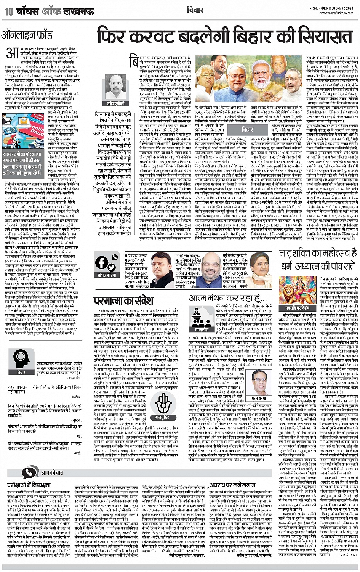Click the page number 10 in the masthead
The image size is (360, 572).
(x=7, y=11)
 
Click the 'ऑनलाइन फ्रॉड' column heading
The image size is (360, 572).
(x=27, y=36)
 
